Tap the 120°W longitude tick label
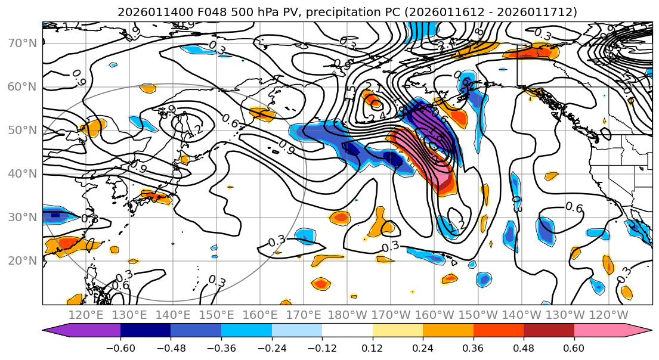(x=608, y=315)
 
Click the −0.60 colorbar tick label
(x=120, y=347)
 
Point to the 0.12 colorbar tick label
(x=373, y=347)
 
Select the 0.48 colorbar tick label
(x=524, y=347)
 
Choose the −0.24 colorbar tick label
(x=271, y=347)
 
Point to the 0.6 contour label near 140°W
(x=574, y=207)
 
